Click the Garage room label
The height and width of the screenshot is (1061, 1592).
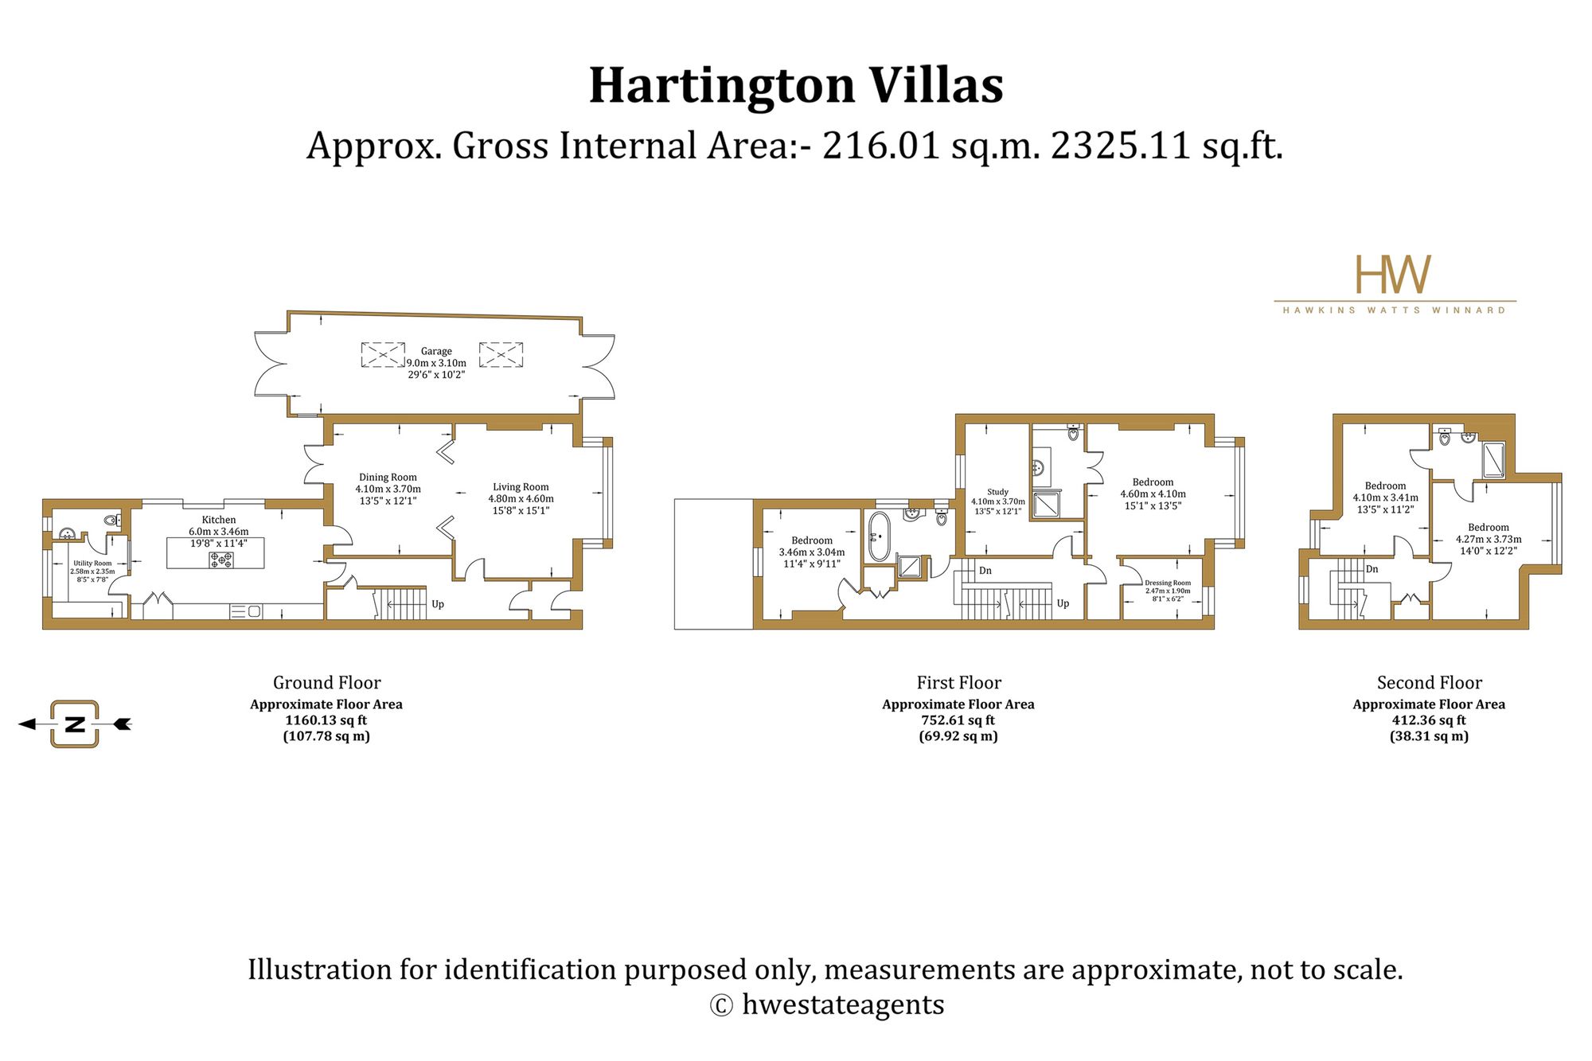click(436, 351)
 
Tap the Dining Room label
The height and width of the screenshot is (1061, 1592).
click(388, 478)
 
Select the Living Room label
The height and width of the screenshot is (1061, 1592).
click(521, 487)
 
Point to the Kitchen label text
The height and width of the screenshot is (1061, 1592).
click(219, 520)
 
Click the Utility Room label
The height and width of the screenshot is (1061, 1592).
click(92, 564)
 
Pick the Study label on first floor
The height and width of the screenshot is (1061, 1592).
click(997, 492)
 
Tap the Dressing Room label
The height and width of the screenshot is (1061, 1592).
click(1168, 583)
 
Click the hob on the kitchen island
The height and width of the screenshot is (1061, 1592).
click(221, 560)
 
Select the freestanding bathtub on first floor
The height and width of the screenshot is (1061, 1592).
click(879, 536)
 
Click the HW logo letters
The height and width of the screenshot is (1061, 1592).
click(1393, 275)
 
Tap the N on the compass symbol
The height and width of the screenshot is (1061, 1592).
click(75, 724)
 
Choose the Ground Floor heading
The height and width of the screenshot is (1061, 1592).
click(326, 683)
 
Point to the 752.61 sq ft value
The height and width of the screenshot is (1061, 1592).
click(958, 720)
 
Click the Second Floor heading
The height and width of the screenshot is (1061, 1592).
click(1430, 683)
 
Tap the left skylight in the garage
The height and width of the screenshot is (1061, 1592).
click(383, 354)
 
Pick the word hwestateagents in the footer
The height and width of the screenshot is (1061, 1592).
click(843, 1004)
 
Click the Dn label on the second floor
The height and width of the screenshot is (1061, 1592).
click(1372, 569)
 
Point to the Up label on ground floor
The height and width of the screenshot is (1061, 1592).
click(438, 604)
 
